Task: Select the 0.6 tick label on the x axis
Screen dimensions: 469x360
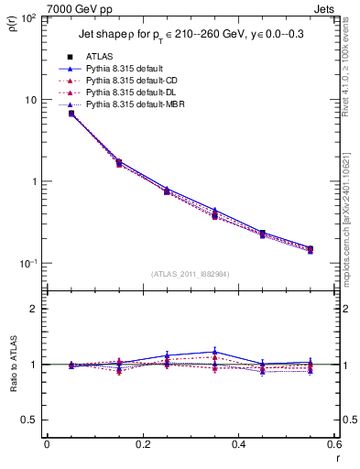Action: tap(334, 444)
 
